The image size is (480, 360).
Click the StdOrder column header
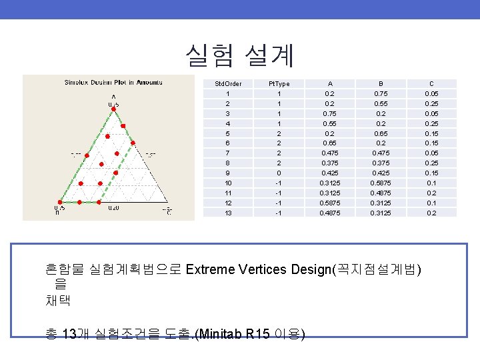[228, 83]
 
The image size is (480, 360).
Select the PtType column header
[279, 83]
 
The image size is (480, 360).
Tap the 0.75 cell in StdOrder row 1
[381, 93]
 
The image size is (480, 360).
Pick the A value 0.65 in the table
[329, 143]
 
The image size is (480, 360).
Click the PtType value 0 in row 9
[279, 173]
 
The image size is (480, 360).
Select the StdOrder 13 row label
[228, 213]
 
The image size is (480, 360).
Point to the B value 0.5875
[381, 183]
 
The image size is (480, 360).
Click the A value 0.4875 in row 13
[329, 213]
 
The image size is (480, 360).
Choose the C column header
[431, 83]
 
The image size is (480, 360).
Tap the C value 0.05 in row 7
[431, 153]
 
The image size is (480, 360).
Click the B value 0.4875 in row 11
[381, 193]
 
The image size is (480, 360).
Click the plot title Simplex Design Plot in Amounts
[113, 83]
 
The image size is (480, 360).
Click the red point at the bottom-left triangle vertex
[59, 201]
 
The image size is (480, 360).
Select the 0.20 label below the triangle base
[113, 208]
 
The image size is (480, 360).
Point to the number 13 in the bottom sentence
[67, 334]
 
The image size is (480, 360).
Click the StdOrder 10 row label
[228, 183]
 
